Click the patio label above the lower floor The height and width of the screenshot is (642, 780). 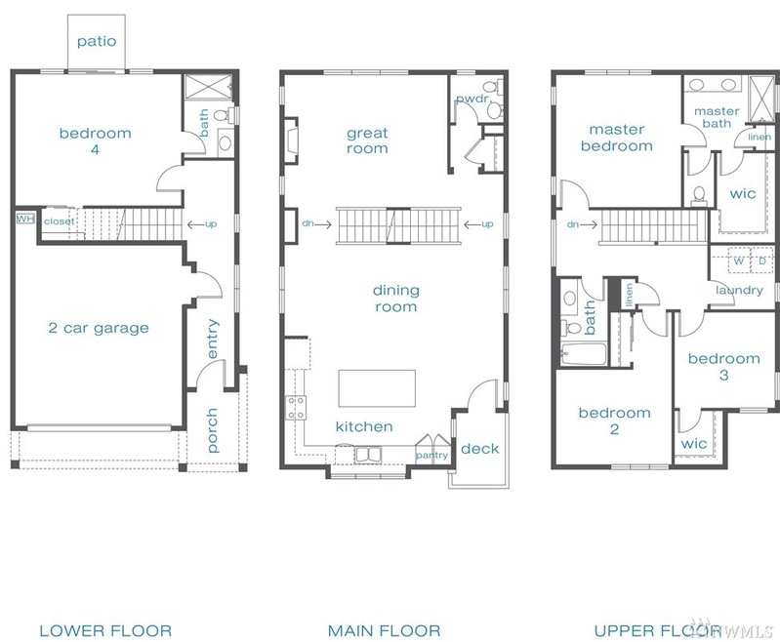click(x=96, y=41)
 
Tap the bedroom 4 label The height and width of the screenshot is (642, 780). click(x=95, y=141)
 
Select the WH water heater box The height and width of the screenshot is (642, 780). click(x=24, y=219)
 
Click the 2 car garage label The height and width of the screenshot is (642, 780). click(x=99, y=328)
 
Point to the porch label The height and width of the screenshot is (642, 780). click(x=213, y=430)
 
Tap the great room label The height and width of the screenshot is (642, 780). click(x=367, y=140)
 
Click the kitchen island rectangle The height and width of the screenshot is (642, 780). click(x=376, y=387)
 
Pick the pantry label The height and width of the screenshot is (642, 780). click(x=431, y=455)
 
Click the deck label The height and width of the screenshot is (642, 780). click(x=479, y=449)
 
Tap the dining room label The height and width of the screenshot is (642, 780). click(x=394, y=299)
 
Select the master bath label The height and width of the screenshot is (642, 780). click(x=717, y=117)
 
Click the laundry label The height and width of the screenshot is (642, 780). click(x=739, y=290)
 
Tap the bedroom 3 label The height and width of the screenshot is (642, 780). click(x=723, y=367)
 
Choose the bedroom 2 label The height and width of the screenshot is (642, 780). click(x=614, y=421)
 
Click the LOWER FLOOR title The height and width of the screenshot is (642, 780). click(x=105, y=630)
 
